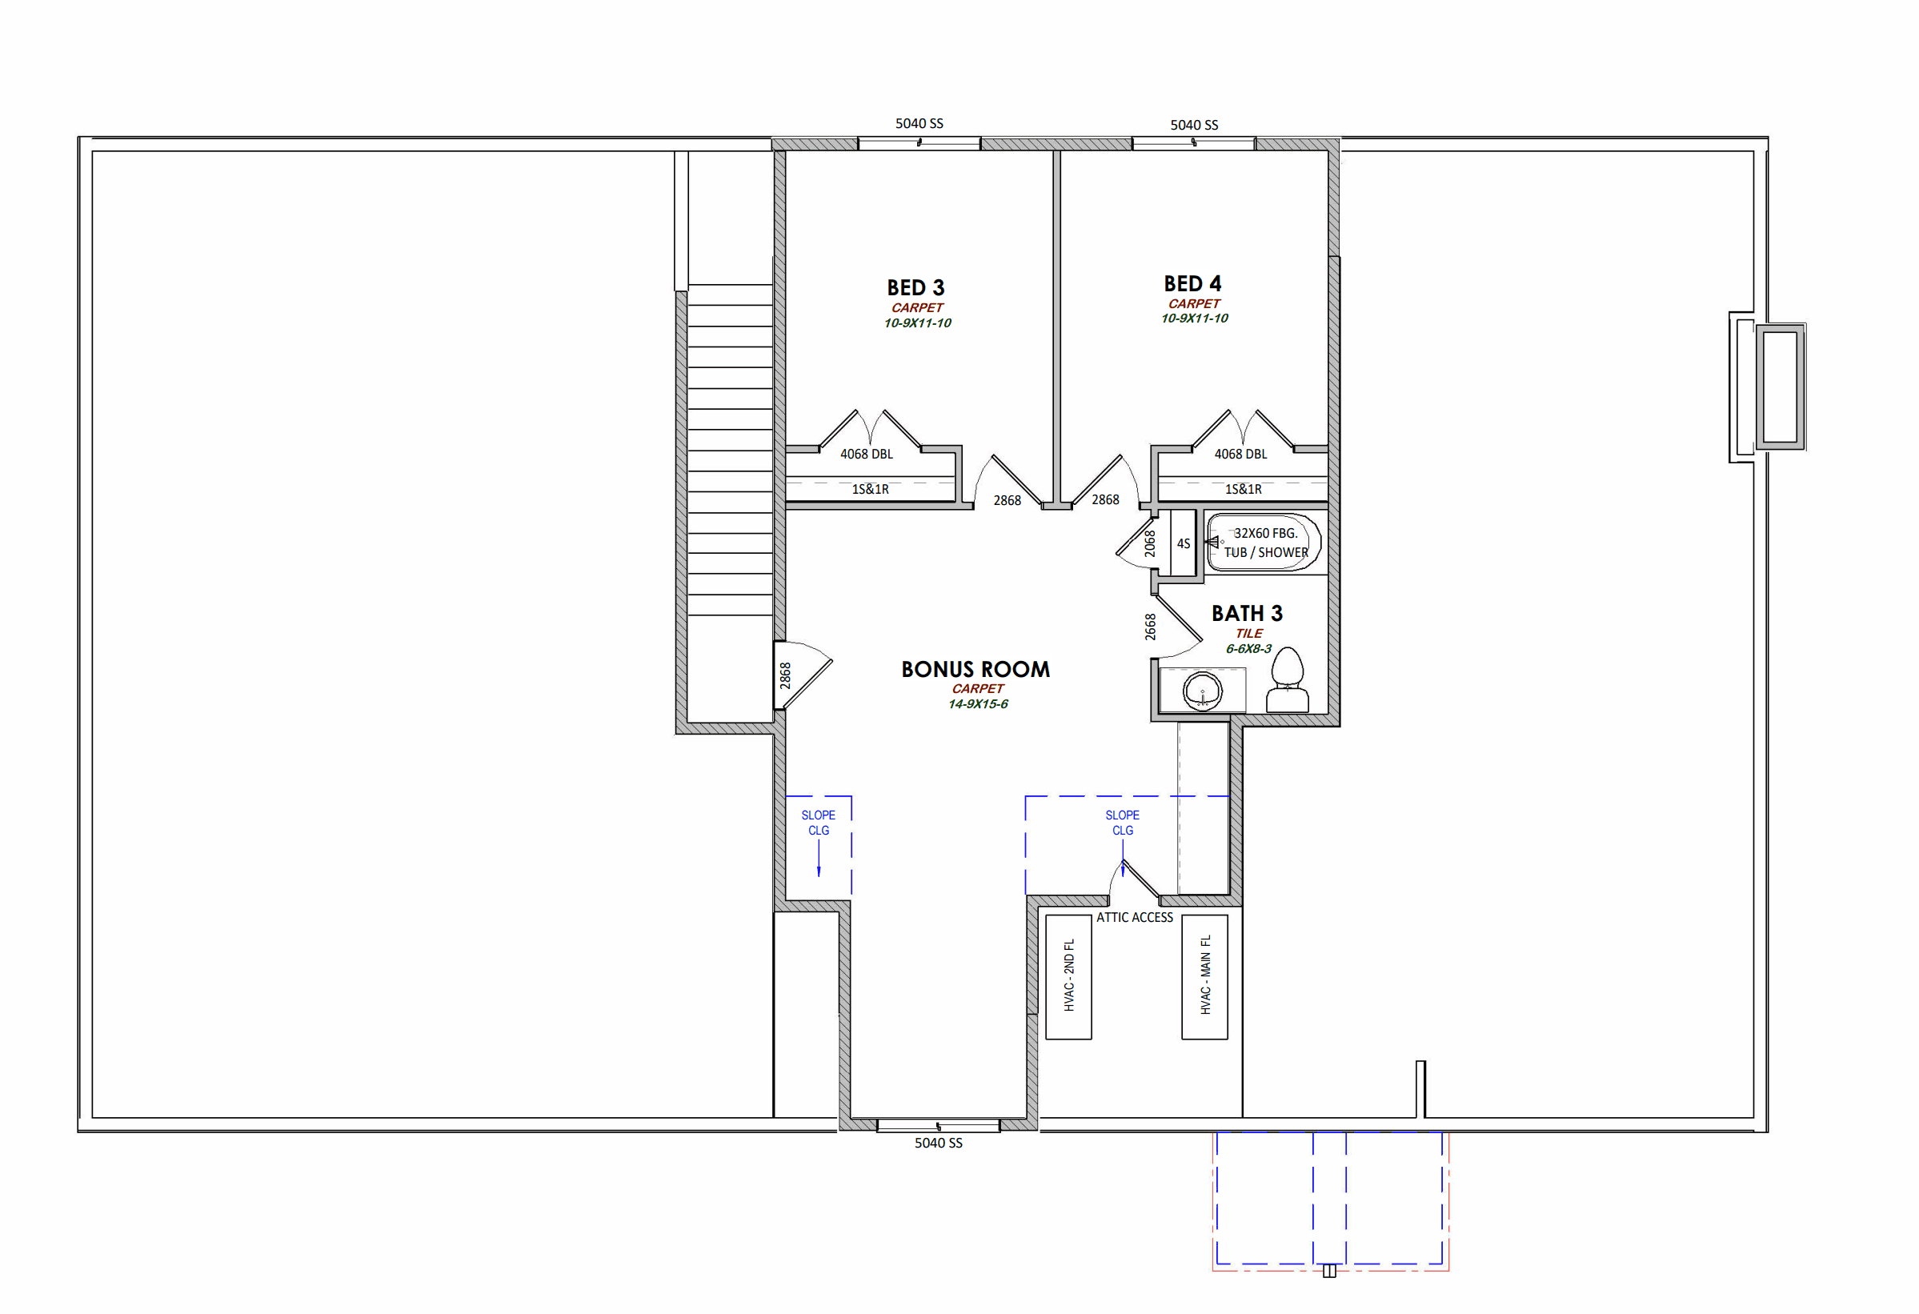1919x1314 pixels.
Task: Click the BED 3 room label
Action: pyautogui.click(x=915, y=287)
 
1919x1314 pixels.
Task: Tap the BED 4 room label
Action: pyautogui.click(x=1192, y=283)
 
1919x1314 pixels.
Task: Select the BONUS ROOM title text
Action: pyautogui.click(x=976, y=669)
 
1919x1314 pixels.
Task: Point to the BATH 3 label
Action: pyautogui.click(x=1247, y=613)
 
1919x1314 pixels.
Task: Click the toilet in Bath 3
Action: pyautogui.click(x=1287, y=679)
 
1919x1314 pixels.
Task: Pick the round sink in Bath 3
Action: pyautogui.click(x=1202, y=691)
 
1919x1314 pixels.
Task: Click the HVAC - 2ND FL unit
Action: pyautogui.click(x=1068, y=976)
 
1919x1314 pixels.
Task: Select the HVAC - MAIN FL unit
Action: pyautogui.click(x=1204, y=976)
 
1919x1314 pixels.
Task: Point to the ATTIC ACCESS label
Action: pyautogui.click(x=1135, y=918)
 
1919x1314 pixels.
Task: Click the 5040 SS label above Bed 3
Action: pyautogui.click(x=919, y=123)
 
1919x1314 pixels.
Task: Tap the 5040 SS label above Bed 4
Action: pyautogui.click(x=1194, y=125)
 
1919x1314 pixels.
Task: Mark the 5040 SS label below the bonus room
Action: pyautogui.click(x=938, y=1143)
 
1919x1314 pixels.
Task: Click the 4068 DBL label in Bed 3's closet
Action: pyautogui.click(x=866, y=455)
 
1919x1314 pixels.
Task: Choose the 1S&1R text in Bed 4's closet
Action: pyautogui.click(x=1244, y=489)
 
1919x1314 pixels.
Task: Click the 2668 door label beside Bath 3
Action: pyautogui.click(x=1150, y=627)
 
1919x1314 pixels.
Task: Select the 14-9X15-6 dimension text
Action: pyautogui.click(x=978, y=703)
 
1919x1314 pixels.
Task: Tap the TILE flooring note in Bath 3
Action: pyautogui.click(x=1248, y=634)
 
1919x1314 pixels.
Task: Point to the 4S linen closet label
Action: pyautogui.click(x=1184, y=543)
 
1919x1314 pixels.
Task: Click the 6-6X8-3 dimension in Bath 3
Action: pyautogui.click(x=1248, y=648)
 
